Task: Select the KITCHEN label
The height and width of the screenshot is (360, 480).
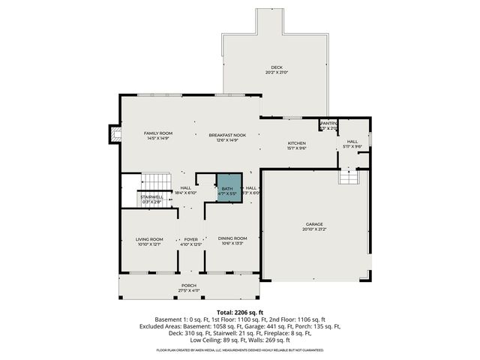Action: click(x=298, y=142)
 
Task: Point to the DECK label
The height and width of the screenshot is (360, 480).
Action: click(x=277, y=67)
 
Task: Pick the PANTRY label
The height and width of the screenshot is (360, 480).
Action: click(x=329, y=124)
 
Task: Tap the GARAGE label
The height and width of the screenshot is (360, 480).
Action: click(x=313, y=223)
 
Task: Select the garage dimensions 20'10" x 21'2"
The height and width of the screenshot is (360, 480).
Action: click(x=313, y=229)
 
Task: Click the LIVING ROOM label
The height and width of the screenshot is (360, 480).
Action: click(x=150, y=238)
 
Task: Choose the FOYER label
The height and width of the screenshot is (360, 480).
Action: click(x=190, y=238)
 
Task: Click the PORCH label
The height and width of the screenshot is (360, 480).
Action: click(x=188, y=285)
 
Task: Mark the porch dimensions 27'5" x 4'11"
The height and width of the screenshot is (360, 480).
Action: click(x=188, y=290)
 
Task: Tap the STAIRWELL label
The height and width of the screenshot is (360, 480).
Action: click(x=150, y=196)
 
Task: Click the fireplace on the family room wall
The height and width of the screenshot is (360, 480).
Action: click(x=115, y=133)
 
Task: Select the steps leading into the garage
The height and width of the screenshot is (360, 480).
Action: click(x=349, y=177)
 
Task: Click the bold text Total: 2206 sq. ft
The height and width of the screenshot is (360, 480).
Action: click(x=240, y=311)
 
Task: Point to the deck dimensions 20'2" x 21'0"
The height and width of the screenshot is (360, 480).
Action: click(x=277, y=73)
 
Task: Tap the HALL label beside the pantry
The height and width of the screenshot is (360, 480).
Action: click(x=352, y=141)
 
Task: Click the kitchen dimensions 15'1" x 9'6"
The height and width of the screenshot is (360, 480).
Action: click(x=298, y=148)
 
